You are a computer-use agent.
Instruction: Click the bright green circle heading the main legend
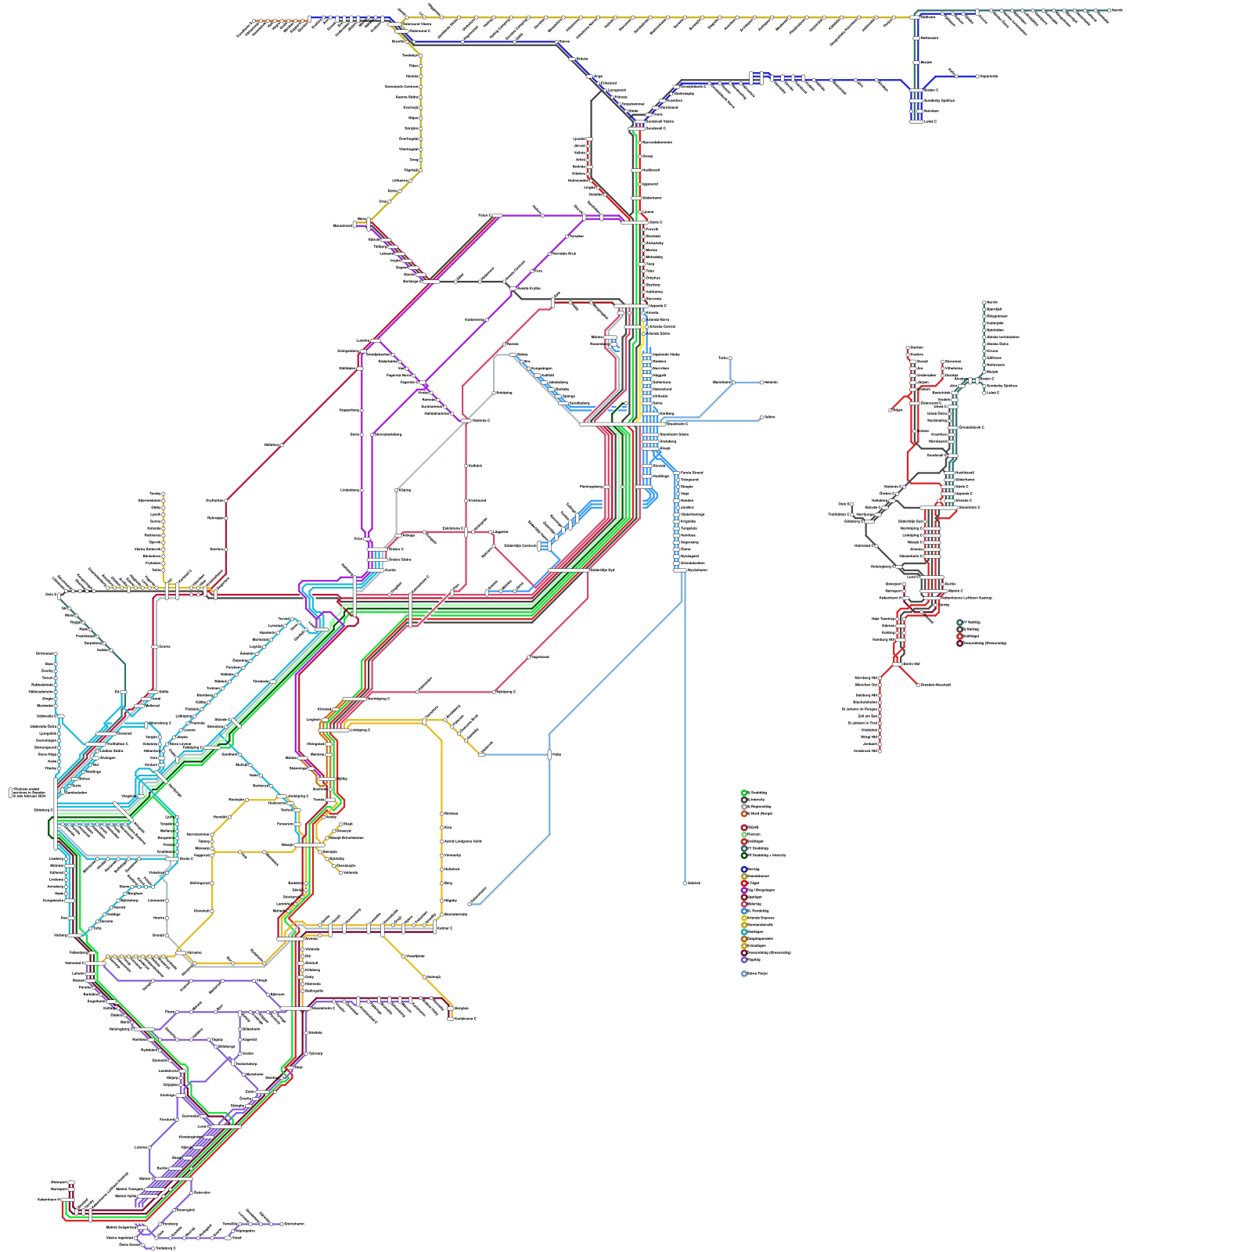tap(744, 793)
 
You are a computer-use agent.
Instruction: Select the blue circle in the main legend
tap(744, 869)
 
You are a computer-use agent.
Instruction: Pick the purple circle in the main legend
tap(744, 890)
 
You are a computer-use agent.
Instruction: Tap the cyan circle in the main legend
tap(744, 932)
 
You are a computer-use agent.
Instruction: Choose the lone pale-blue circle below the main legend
tap(744, 974)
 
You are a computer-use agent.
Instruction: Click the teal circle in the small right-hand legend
tap(960, 623)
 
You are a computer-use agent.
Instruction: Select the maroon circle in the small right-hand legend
tap(960, 643)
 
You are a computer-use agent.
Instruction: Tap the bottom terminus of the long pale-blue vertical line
tap(685, 883)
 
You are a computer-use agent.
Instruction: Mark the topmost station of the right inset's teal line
tap(984, 302)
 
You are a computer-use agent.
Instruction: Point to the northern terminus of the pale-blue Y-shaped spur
tap(730, 358)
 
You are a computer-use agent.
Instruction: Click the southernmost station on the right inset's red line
tap(880, 751)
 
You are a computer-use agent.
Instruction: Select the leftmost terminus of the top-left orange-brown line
tap(255, 21)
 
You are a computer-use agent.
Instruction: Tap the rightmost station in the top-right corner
tap(1110, 10)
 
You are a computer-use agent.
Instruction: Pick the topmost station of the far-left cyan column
tap(56, 654)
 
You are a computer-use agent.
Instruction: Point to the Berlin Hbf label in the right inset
tap(908, 664)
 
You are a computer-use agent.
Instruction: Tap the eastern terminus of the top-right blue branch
tap(977, 77)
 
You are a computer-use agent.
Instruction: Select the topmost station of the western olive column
tap(163, 495)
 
